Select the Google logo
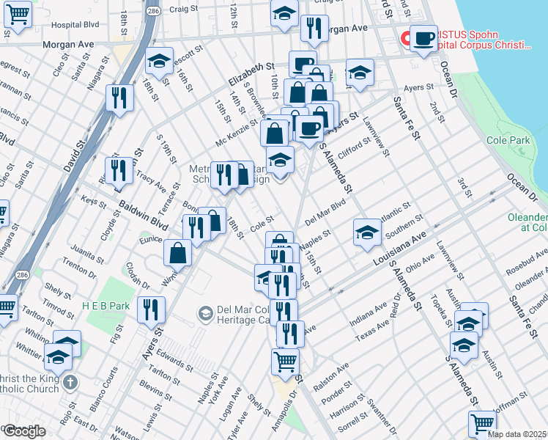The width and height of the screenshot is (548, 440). [24, 431]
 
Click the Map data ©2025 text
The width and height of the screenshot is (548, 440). [517, 434]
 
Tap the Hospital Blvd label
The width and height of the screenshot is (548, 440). [75, 24]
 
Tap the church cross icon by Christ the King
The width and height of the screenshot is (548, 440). [70, 381]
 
